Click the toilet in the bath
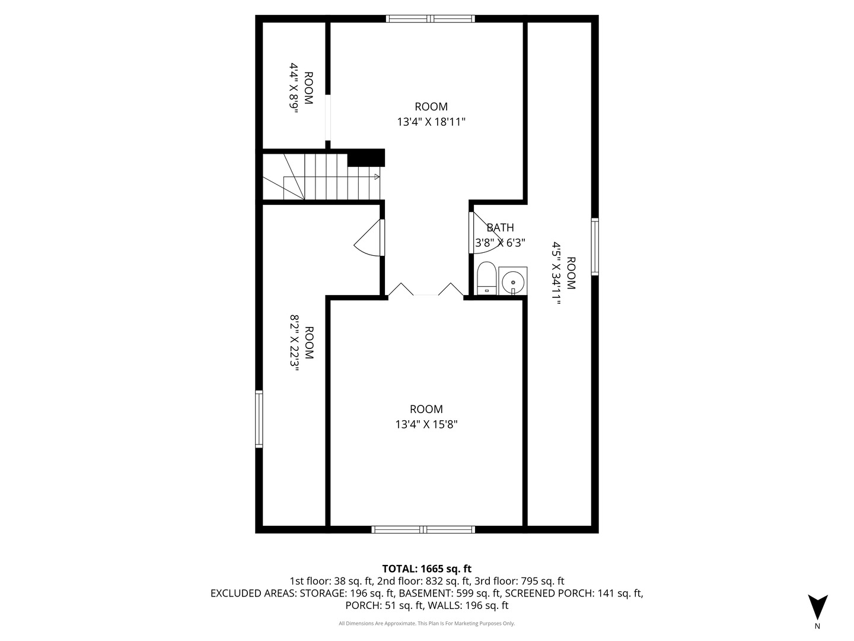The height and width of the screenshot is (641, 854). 486,278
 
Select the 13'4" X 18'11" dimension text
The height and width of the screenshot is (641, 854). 431,122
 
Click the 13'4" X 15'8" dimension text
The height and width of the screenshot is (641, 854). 426,425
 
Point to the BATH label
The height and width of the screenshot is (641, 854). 500,227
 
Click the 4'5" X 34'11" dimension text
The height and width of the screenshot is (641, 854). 556,273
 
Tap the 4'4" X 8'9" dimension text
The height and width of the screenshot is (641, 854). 294,87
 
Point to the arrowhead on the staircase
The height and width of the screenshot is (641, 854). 377,176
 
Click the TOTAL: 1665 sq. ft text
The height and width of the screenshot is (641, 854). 426,569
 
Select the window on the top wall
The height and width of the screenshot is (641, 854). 431,18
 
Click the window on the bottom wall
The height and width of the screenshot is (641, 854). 423,529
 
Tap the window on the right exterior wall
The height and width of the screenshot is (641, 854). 595,246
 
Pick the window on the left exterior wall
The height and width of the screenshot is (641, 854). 259,419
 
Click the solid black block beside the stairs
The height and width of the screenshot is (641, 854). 366,158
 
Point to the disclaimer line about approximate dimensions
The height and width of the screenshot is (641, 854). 426,623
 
